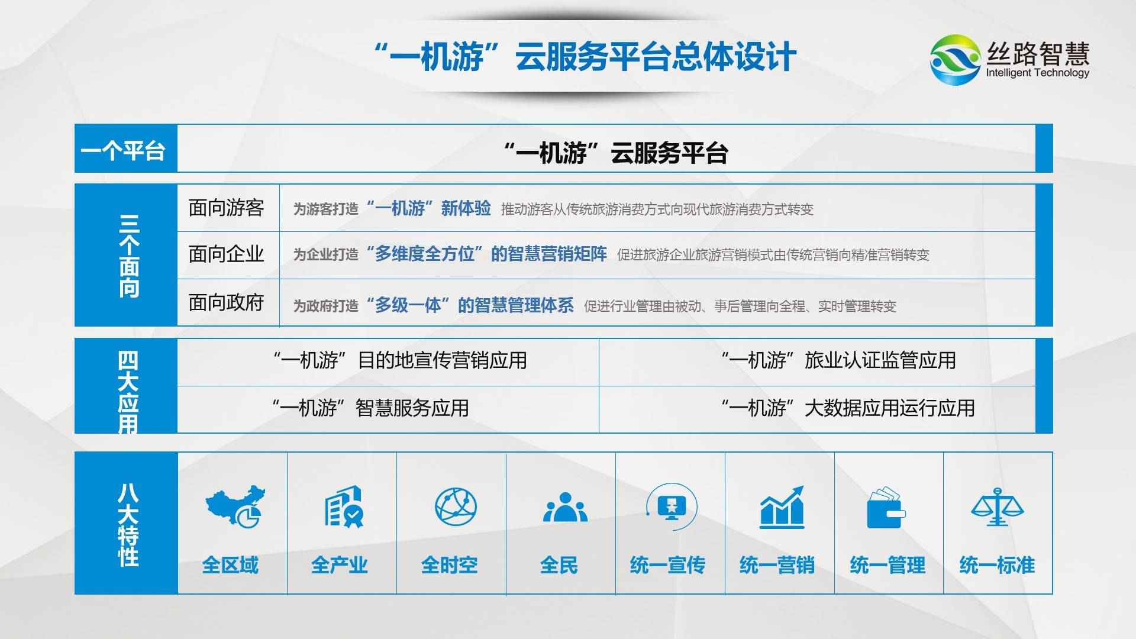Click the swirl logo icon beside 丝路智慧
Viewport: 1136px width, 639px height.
(x=955, y=59)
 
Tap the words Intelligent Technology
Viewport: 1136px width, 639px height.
(x=1037, y=73)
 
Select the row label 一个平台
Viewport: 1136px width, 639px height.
(x=123, y=150)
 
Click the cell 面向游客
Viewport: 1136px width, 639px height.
(x=226, y=208)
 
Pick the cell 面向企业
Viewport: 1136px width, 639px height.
(x=226, y=254)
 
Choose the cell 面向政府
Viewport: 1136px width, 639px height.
(x=226, y=303)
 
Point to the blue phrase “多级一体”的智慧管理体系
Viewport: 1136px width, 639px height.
(x=470, y=305)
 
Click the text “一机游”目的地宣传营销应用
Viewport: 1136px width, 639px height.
(x=400, y=360)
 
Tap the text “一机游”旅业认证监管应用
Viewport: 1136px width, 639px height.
(x=838, y=360)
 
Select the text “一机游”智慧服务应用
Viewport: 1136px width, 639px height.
(x=371, y=408)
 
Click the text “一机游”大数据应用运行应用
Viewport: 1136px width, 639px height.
(x=847, y=408)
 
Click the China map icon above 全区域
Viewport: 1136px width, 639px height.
(x=235, y=506)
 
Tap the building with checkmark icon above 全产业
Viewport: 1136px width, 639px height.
(x=343, y=507)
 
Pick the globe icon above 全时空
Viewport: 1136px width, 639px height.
(x=455, y=507)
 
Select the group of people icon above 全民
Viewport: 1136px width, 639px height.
(x=564, y=508)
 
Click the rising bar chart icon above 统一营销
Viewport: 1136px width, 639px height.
(x=782, y=507)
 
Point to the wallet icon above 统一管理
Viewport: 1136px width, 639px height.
(x=886, y=508)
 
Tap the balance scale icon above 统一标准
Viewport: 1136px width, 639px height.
(x=997, y=507)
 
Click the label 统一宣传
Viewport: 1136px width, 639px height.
(x=667, y=566)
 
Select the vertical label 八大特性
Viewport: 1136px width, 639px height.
(x=127, y=524)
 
